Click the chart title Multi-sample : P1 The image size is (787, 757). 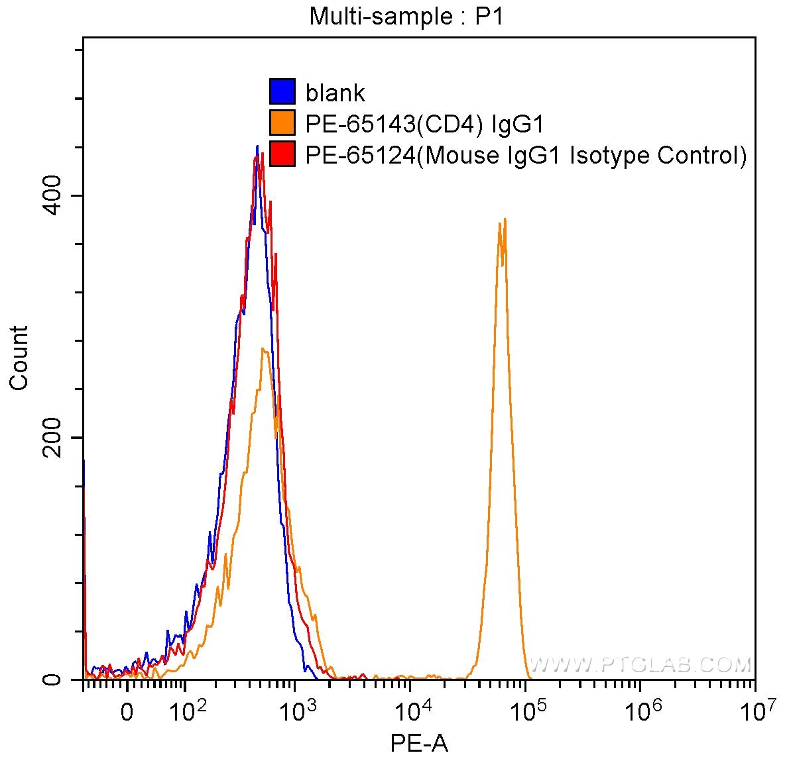[x=406, y=17]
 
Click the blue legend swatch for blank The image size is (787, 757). [x=282, y=92]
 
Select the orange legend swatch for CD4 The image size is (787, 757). [x=282, y=123]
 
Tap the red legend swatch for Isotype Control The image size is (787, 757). [x=282, y=154]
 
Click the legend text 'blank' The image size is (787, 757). [x=335, y=93]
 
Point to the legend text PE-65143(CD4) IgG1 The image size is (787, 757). [x=424, y=124]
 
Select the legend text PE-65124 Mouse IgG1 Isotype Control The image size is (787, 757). [x=526, y=155]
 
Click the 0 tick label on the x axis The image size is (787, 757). [x=127, y=713]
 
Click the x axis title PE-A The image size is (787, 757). [x=419, y=743]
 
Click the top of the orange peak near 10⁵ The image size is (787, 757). [x=505, y=219]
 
